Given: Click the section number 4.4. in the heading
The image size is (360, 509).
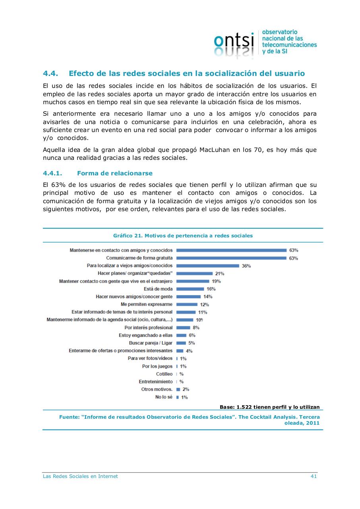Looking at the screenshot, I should coord(50,74).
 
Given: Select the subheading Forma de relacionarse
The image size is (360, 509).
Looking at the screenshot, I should coord(114,173).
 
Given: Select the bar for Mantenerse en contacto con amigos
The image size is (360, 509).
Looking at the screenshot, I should coord(231,250).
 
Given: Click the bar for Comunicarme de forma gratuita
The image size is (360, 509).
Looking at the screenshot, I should coord(231,258).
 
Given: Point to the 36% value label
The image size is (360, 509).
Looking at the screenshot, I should coord(246,266).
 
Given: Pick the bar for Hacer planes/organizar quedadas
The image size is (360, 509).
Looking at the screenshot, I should coord(194,274).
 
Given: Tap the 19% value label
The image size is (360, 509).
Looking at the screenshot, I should coord(216,281).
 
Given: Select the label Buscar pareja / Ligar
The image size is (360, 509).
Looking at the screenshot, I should coord(151,343).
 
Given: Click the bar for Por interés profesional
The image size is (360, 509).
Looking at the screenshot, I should coord(183,328).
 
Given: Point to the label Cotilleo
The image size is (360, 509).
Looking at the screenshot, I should coord(164,374).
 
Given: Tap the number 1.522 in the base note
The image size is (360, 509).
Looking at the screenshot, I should coord(244,407).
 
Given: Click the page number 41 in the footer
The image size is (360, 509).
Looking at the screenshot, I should coord(313,476).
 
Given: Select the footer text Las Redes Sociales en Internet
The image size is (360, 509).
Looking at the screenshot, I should coord(80,476).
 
